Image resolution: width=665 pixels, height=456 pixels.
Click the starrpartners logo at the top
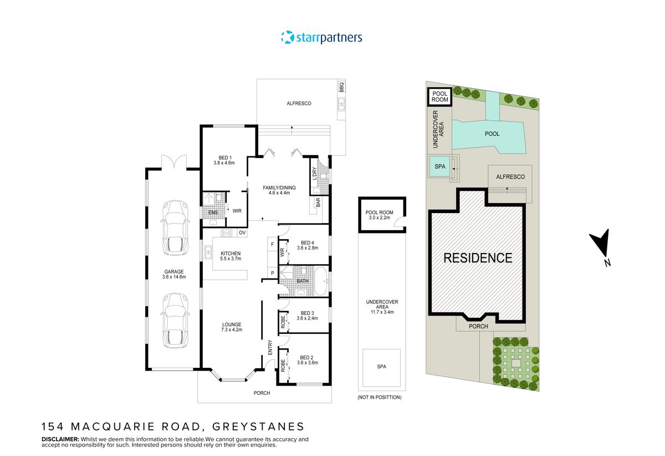[321, 38]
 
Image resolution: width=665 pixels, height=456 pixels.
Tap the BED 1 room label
[224, 160]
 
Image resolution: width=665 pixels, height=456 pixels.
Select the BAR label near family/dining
[318, 202]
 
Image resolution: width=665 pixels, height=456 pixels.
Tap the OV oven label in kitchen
[242, 233]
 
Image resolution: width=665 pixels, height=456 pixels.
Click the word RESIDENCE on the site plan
[477, 258]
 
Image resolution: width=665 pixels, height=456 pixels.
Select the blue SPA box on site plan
[439, 166]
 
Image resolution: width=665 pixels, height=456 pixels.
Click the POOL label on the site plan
[492, 134]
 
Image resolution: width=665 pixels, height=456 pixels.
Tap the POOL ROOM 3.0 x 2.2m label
[380, 214]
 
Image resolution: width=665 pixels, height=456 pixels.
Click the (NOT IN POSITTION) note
[380, 397]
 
